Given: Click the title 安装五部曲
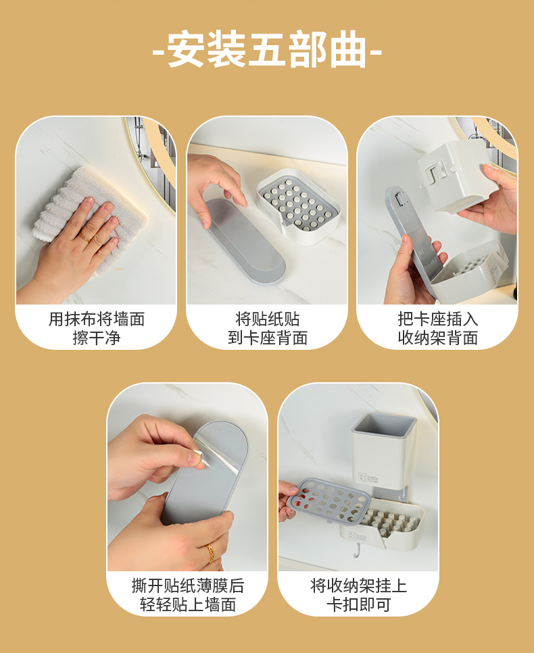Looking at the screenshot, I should point(266,51).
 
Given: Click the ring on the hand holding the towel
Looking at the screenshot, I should point(84,237).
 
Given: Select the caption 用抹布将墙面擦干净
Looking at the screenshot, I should point(96,328).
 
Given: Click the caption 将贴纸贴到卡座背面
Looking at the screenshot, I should point(267,328).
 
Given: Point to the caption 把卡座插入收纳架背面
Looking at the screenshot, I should point(437,328).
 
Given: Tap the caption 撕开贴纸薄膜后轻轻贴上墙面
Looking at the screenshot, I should point(187,595).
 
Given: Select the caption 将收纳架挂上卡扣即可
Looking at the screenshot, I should point(358,595).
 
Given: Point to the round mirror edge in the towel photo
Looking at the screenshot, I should point(151,155).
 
